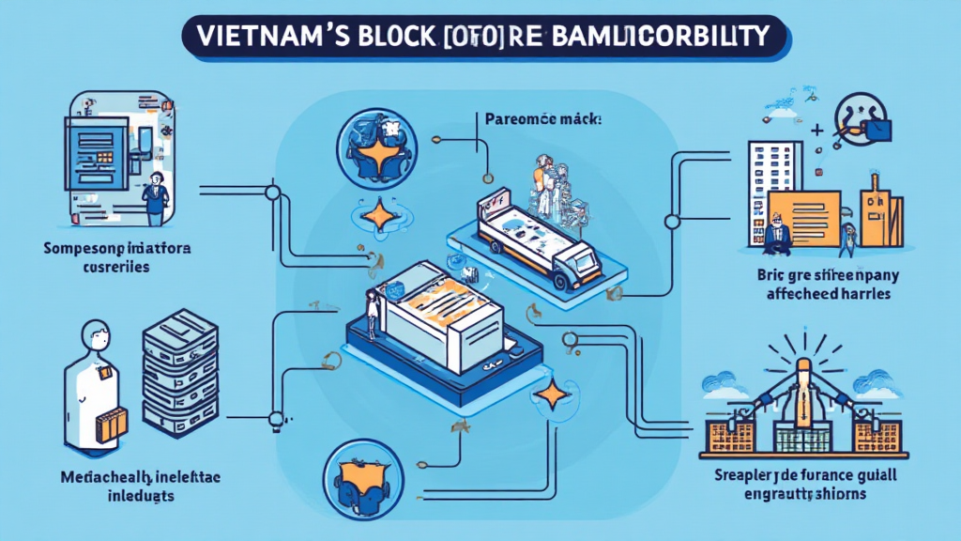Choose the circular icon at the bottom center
click(x=361, y=473)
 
